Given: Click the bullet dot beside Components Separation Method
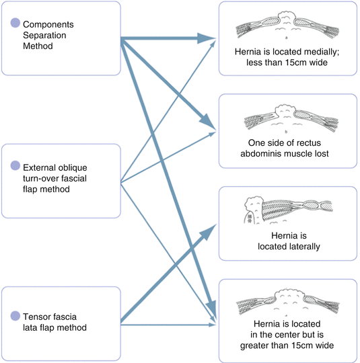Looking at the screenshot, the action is (15, 23).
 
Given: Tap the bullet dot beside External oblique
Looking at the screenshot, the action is (15, 165).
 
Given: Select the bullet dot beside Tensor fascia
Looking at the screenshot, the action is (15, 316).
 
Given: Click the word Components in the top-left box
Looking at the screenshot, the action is (48, 25).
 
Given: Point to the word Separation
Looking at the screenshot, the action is (44, 35).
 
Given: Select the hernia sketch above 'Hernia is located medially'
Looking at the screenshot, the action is (287, 25).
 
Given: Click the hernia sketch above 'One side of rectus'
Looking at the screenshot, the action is (291, 118).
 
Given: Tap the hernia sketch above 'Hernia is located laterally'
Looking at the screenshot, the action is (288, 210).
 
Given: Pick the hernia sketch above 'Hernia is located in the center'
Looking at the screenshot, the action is (288, 302).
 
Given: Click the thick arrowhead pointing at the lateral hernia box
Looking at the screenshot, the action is (208, 232).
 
